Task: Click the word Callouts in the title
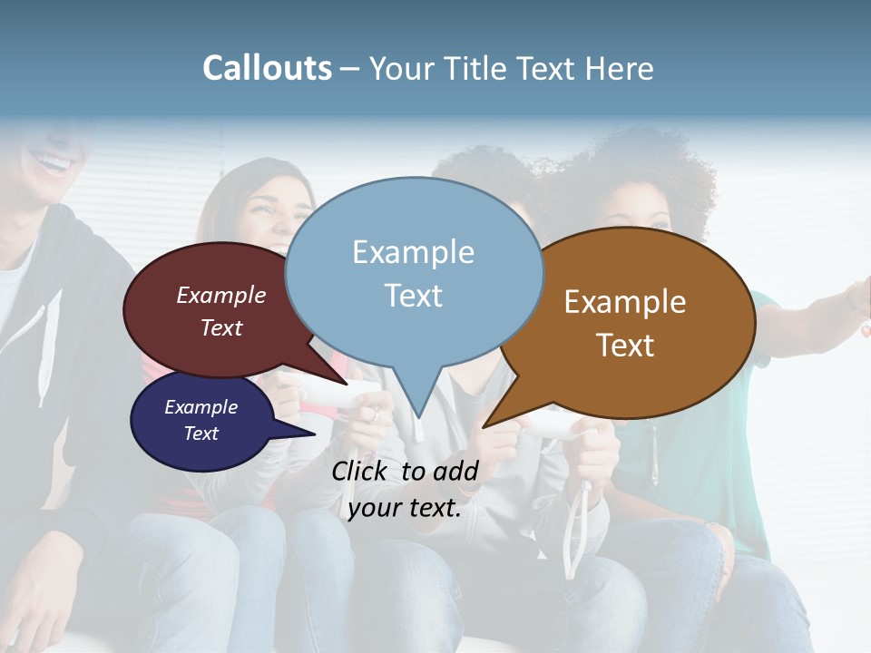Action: point(267,68)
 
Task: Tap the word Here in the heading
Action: point(620,68)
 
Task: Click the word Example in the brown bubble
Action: point(625,301)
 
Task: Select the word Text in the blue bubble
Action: point(414,296)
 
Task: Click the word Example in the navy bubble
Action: point(201,407)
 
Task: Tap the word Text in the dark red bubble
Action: point(221,328)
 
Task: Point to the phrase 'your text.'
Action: point(405,508)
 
